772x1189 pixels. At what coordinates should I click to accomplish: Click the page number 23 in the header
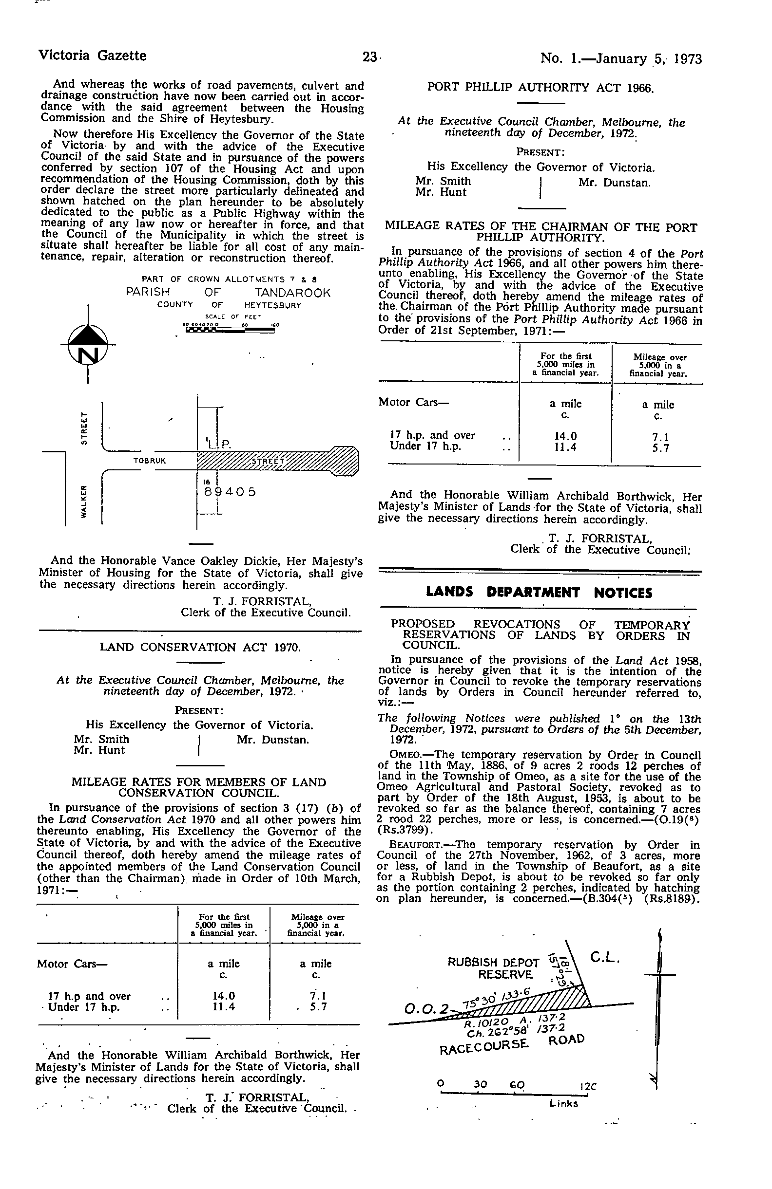pos(370,57)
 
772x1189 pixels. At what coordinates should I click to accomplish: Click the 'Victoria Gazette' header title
pos(93,56)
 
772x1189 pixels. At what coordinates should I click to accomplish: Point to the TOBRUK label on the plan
pos(150,461)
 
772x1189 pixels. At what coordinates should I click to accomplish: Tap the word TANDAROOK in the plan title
pos(292,293)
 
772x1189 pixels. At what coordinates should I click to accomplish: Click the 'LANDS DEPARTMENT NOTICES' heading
pos(539,593)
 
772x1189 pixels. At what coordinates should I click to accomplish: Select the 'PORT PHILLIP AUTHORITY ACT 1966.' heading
pos(540,88)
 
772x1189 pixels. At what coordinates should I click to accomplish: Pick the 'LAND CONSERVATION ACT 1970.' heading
pos(200,648)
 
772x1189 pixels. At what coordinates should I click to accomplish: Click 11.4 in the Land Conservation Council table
pos(224,1007)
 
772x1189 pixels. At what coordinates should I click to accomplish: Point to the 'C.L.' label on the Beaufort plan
pos(605,958)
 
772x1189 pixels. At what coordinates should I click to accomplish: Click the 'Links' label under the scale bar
pos(563,1104)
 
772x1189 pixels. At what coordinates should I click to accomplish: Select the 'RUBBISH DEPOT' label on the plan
pos(493,963)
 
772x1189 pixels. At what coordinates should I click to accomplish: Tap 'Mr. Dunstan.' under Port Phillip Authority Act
pos(615,183)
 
